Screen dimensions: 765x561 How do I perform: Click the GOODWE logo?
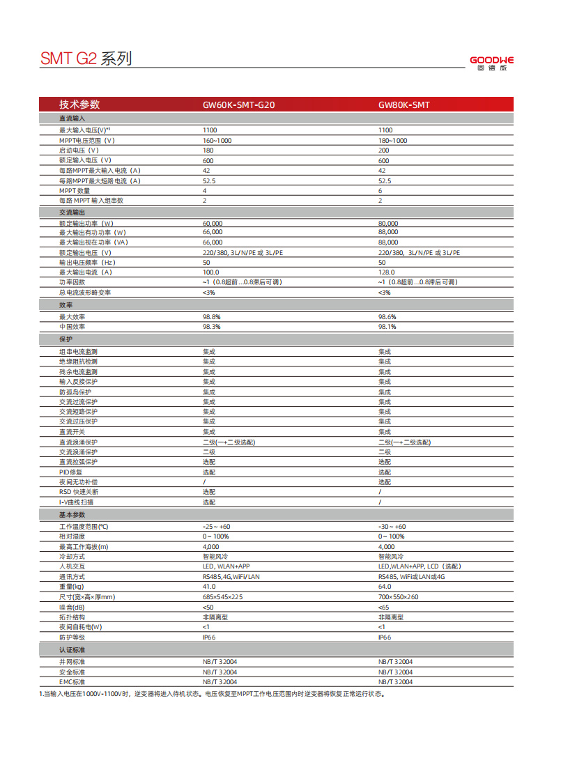coord(491,62)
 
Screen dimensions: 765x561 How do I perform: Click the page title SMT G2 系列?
coord(86,59)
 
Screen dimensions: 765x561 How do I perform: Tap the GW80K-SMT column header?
coord(404,105)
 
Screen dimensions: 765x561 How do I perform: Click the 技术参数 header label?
coord(79,105)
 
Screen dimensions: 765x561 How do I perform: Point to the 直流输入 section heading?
coord(72,119)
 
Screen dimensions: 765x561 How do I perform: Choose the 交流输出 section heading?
coord(72,212)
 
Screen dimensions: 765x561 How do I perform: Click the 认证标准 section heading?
coord(72,650)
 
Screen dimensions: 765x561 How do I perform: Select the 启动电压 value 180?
coord(208,150)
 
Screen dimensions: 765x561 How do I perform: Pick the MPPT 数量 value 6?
coord(381,190)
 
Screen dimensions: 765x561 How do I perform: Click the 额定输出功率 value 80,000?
coord(388,223)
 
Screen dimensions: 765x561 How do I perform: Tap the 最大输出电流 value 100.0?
coord(210,272)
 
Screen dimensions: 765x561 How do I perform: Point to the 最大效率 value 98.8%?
coord(211,316)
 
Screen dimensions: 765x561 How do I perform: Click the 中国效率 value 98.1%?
coord(387,326)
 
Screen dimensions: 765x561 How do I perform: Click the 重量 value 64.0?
coord(385,587)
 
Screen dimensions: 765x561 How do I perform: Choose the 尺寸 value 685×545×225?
coord(223,596)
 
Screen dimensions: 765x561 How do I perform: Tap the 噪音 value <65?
coord(383,607)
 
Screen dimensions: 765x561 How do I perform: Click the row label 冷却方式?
coord(72,557)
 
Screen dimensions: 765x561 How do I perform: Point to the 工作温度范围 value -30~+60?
coord(392,527)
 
